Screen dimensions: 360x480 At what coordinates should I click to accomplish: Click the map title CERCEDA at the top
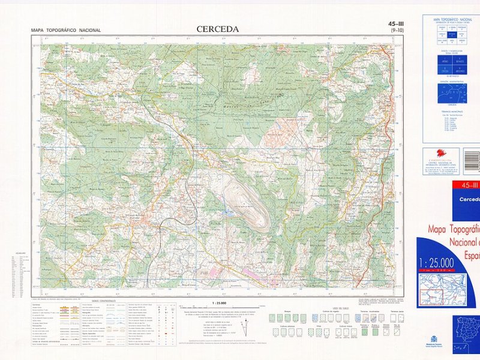217,29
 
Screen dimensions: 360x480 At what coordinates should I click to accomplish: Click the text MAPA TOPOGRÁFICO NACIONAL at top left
66,31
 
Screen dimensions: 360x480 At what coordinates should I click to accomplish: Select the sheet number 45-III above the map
395,25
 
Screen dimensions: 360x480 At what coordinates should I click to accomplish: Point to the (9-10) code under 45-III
397,31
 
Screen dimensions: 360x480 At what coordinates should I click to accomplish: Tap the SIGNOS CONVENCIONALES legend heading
103,301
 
